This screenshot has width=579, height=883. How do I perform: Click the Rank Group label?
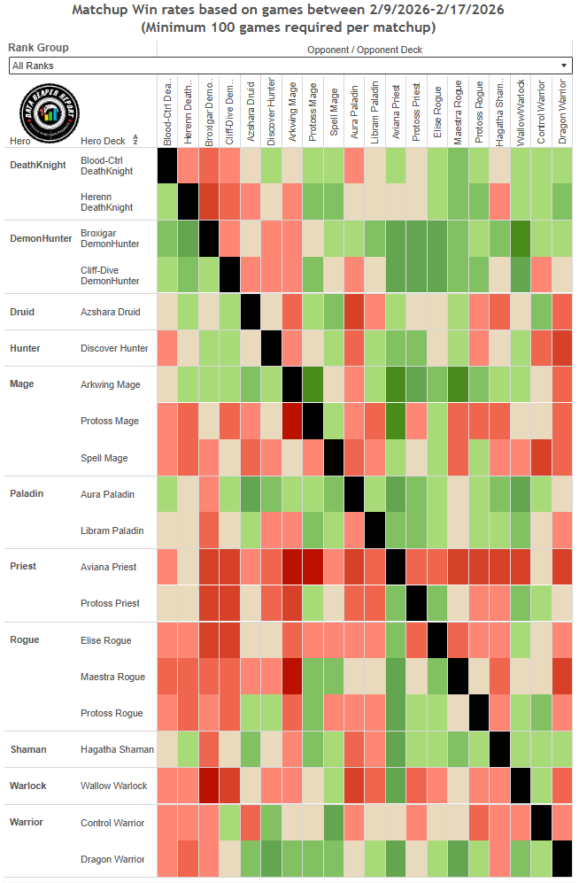click(x=38, y=48)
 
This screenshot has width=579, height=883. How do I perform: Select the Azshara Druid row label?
click(x=111, y=312)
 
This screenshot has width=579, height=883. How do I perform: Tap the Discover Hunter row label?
click(x=115, y=348)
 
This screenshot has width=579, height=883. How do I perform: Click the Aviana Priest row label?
click(x=110, y=566)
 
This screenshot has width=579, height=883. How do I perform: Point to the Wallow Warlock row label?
click(x=113, y=786)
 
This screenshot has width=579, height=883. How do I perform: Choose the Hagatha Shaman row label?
click(x=117, y=749)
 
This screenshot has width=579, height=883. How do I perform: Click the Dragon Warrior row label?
click(x=112, y=859)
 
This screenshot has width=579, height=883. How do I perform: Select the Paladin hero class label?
click(x=27, y=493)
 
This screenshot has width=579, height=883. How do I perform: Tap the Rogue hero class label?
click(x=25, y=639)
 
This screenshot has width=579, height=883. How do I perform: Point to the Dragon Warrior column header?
click(x=561, y=110)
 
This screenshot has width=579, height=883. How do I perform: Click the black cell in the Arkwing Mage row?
click(x=292, y=384)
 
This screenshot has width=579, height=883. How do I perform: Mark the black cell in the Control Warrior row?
click(x=541, y=823)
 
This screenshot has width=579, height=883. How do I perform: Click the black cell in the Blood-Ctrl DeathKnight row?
click(x=168, y=166)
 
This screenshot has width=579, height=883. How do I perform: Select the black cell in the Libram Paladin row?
click(x=374, y=531)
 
